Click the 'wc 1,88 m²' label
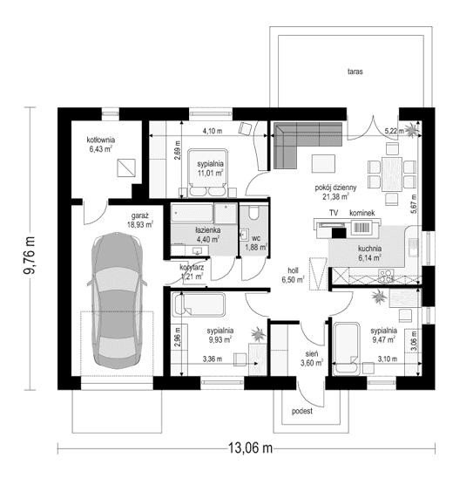[x=256, y=241]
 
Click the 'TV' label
[x=333, y=213]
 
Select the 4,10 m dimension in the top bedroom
[x=212, y=131]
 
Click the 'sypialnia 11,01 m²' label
[x=211, y=168]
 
